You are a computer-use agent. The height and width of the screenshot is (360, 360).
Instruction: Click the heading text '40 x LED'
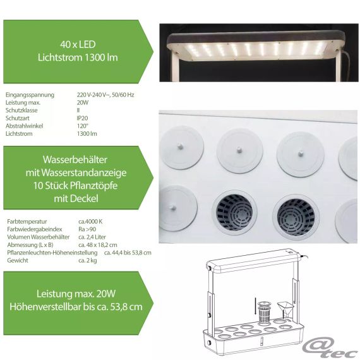point(78,44)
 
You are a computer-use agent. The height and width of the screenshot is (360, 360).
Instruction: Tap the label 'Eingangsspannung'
point(30,95)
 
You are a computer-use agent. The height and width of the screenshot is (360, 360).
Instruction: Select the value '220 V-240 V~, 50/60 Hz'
point(105,95)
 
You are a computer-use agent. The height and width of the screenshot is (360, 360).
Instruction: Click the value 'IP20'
point(83,118)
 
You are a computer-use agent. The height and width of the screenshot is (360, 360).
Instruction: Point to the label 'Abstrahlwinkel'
point(25,126)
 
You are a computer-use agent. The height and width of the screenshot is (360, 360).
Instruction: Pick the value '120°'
point(83,126)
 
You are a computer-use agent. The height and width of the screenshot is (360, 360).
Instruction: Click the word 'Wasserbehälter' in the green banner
point(75,160)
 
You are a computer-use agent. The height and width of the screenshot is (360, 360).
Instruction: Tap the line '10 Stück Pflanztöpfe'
point(76,186)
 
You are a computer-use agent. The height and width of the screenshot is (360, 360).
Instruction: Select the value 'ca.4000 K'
point(90,222)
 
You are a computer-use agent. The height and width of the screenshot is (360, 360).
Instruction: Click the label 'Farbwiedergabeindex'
point(35,229)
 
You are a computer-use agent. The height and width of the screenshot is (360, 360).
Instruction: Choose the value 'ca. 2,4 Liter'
point(92,237)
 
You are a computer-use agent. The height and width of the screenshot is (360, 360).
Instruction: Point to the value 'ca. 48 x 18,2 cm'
point(98,245)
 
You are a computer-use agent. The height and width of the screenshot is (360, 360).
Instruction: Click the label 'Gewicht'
point(18,260)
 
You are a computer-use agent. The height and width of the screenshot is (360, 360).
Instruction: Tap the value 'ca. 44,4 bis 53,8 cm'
point(128,253)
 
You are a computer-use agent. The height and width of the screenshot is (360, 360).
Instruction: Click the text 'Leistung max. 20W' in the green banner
point(76,294)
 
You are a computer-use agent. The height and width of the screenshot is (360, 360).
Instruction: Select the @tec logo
point(330,348)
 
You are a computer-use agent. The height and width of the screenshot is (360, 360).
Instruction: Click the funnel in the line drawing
point(285,309)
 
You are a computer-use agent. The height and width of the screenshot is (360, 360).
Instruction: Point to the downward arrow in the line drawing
point(255,307)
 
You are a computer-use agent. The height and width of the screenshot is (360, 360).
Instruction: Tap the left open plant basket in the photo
point(235,212)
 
